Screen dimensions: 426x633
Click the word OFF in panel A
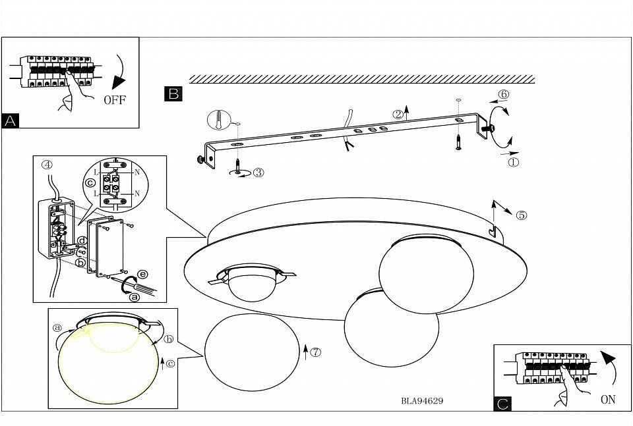tap(113, 100)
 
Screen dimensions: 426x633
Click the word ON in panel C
tap(608, 399)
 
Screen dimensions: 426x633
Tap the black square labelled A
tap(11, 120)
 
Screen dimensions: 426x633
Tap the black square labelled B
tap(173, 93)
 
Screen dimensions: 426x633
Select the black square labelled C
tap(502, 404)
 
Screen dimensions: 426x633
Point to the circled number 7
tap(316, 352)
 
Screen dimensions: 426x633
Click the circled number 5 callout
tap(522, 215)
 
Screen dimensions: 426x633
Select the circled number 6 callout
tap(503, 94)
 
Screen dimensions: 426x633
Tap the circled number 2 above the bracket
tap(398, 114)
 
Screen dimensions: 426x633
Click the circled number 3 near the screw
tap(258, 173)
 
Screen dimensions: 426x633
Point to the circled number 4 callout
tap(46, 165)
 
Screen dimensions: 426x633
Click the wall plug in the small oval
tap(217, 120)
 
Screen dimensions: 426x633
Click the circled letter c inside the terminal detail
tap(90, 182)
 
